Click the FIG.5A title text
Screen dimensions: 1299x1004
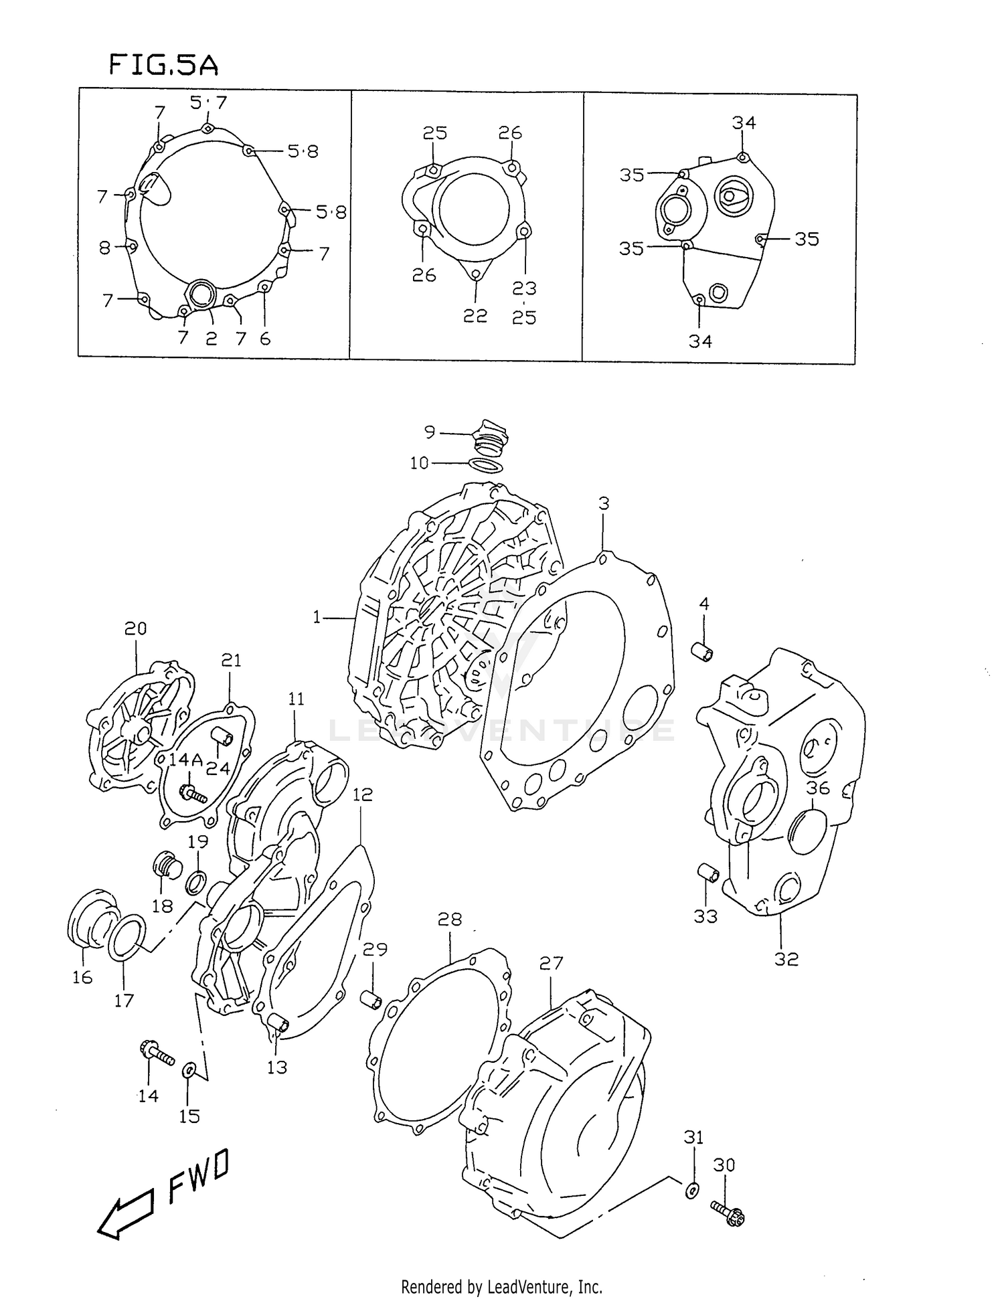tap(163, 66)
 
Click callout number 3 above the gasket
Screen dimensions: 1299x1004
tap(604, 503)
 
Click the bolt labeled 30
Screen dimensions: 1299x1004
tap(728, 1212)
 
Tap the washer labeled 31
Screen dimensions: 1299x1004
tap(693, 1190)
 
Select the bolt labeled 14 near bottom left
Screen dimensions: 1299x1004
tap(157, 1053)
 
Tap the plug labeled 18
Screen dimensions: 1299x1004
tap(167, 867)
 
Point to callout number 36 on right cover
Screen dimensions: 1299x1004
tap(817, 788)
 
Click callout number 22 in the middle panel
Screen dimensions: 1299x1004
tap(475, 316)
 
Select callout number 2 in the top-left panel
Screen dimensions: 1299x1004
tap(212, 339)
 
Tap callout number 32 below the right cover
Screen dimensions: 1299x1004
tap(786, 959)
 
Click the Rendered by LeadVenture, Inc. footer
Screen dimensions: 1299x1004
tap(501, 1286)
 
